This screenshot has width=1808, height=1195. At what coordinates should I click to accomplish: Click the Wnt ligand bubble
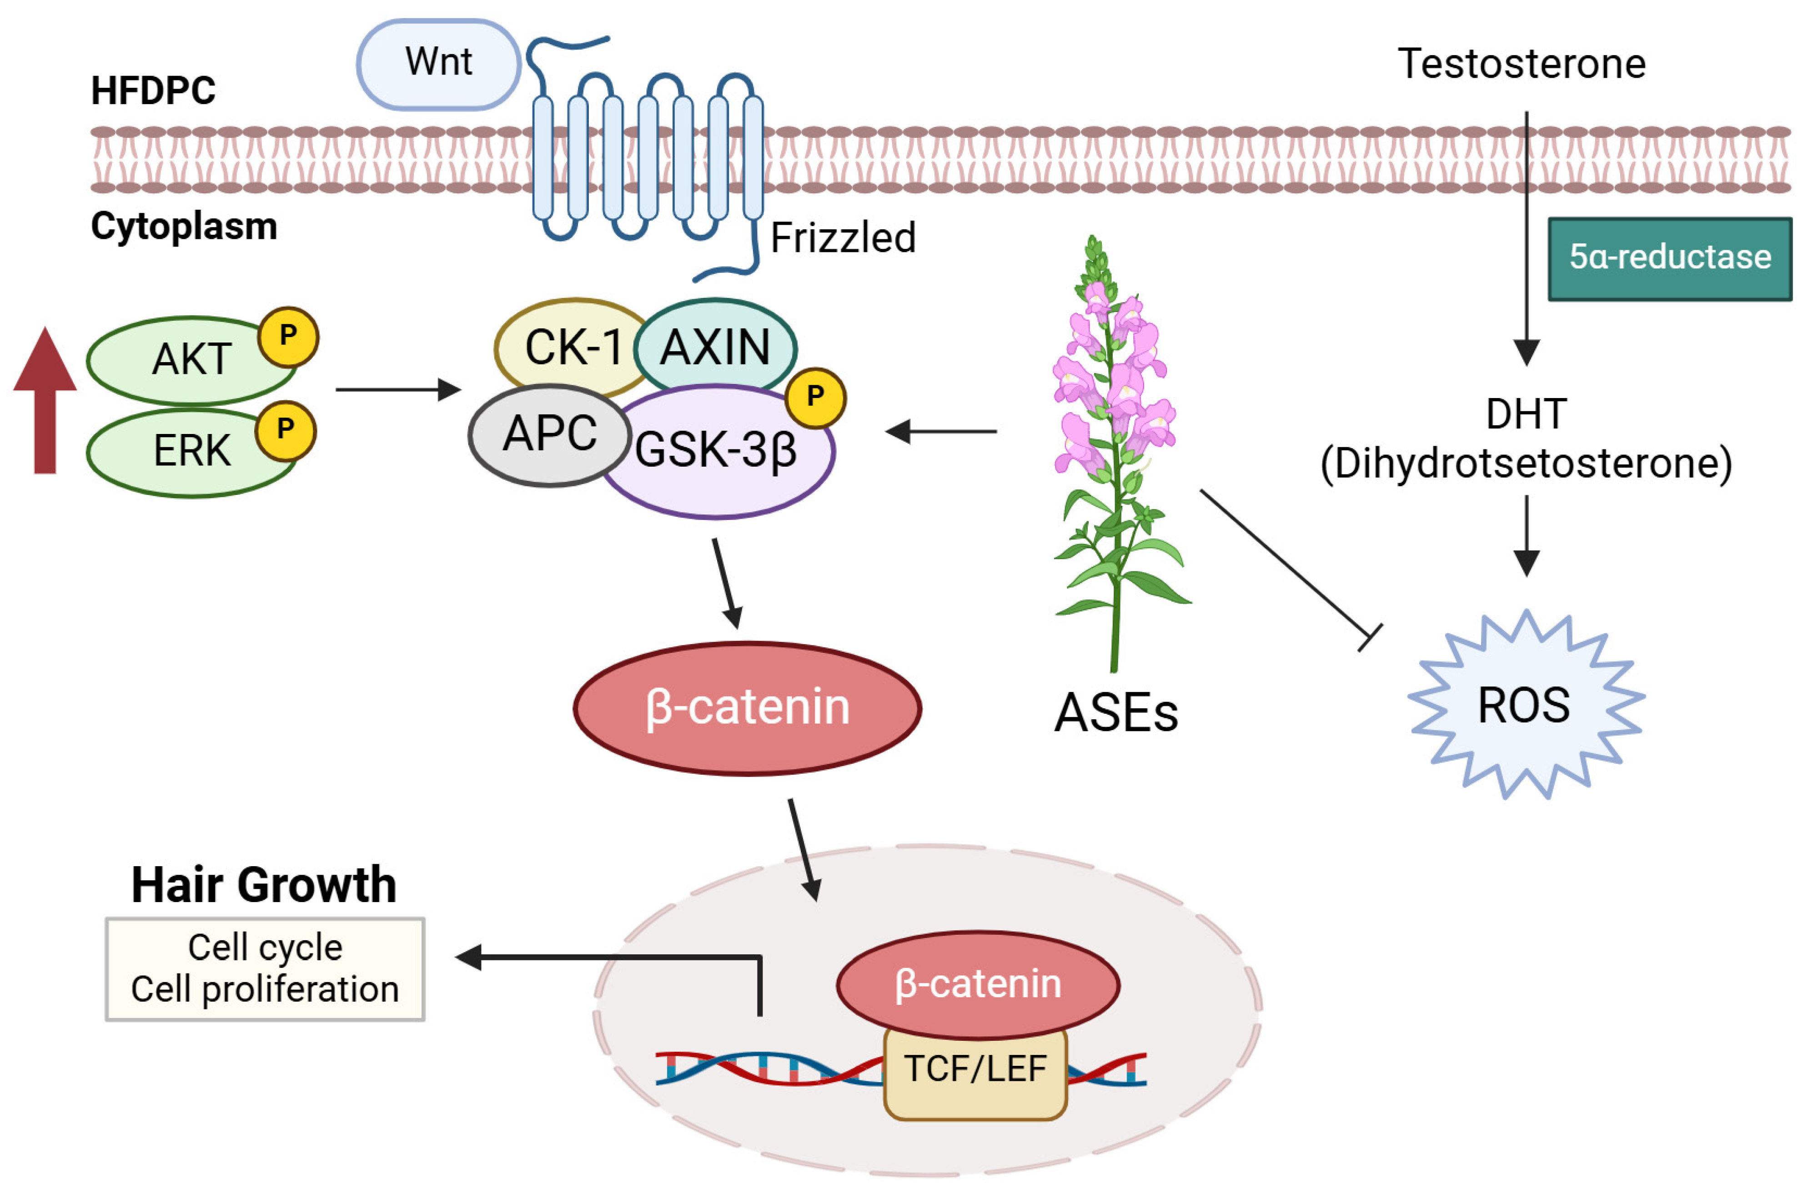tap(439, 64)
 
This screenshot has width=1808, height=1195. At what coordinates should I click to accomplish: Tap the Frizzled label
tap(843, 238)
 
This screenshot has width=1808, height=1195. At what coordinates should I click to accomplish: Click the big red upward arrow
tap(45, 400)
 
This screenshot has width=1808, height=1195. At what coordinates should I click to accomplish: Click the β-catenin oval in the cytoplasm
tap(748, 708)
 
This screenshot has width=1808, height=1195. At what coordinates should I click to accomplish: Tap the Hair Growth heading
tap(264, 885)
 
